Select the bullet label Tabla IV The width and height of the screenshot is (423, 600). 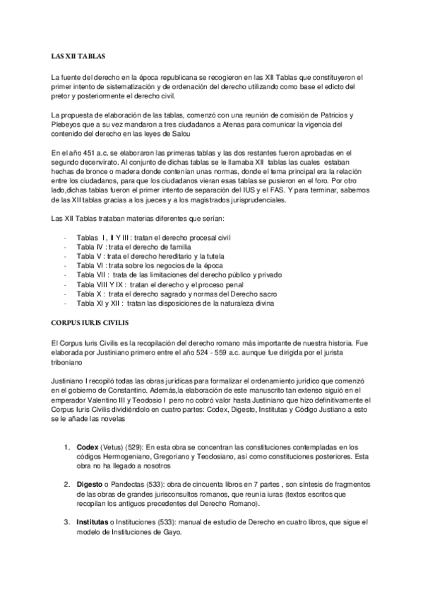tap(92, 248)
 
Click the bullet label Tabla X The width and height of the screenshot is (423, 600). tap(90, 294)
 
